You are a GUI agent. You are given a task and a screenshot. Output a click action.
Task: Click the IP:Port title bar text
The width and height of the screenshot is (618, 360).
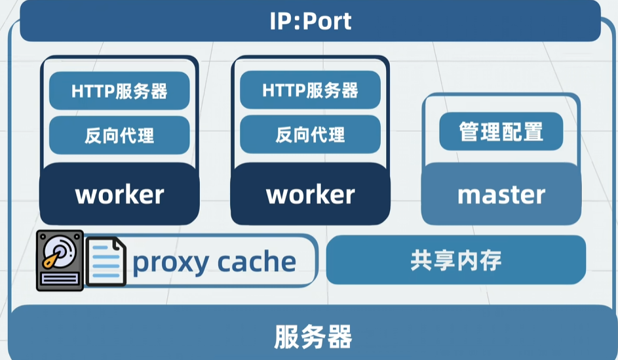click(x=310, y=21)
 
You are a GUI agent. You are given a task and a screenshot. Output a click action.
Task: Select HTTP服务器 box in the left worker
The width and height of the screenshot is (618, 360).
click(x=119, y=91)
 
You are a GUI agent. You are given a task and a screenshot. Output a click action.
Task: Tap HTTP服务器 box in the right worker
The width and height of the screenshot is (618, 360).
click(x=310, y=90)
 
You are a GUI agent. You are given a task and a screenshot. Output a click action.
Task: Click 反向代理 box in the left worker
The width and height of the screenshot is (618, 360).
click(x=119, y=135)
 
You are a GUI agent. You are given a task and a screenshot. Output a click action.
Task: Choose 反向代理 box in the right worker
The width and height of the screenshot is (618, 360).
click(x=310, y=134)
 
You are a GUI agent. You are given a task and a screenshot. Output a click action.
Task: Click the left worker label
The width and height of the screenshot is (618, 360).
click(x=119, y=194)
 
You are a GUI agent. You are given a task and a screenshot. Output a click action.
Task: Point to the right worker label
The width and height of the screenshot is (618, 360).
click(x=310, y=194)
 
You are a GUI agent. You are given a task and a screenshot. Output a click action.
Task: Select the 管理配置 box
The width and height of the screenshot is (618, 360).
click(x=501, y=132)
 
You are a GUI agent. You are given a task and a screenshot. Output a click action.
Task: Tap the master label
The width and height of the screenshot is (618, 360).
click(x=501, y=194)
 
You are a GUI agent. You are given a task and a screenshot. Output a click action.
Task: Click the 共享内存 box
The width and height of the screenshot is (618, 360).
click(x=456, y=260)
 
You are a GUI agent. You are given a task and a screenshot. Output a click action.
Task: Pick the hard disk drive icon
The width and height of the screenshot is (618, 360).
click(x=60, y=260)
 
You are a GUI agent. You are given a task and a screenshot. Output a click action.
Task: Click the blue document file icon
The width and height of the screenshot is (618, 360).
click(x=106, y=261)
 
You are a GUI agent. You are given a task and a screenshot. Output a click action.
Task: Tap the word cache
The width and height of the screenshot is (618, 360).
click(x=256, y=262)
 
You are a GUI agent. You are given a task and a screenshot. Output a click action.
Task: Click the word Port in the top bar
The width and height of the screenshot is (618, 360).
click(x=327, y=21)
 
